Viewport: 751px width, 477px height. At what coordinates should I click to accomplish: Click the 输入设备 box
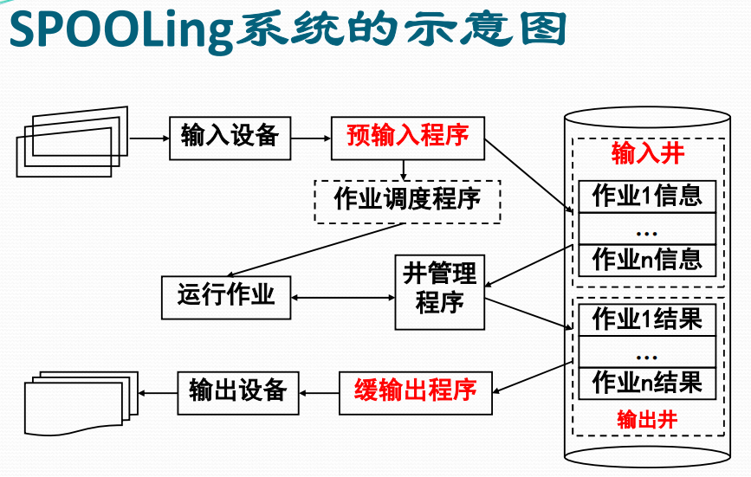tap(230, 136)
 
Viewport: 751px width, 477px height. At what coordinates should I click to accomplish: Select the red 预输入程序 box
tap(407, 136)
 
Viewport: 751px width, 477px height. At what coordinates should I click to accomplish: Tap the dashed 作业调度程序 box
tap(407, 200)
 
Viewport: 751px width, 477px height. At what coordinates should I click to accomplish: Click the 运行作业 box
tap(226, 297)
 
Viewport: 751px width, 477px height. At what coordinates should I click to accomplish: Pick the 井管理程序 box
tap(439, 291)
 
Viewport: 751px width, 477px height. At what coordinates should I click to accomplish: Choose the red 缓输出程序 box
tap(415, 391)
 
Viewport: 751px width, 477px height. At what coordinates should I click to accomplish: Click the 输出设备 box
tap(237, 391)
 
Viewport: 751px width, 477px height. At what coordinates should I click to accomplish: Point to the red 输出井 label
tap(647, 420)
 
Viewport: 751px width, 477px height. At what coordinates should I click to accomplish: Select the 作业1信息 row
tap(647, 197)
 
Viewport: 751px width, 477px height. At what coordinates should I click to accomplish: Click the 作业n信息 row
tap(647, 259)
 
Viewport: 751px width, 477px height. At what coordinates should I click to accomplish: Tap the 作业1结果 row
tap(647, 319)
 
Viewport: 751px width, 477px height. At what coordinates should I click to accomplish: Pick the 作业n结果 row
tap(647, 382)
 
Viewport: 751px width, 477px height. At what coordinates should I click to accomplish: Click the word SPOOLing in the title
tap(121, 30)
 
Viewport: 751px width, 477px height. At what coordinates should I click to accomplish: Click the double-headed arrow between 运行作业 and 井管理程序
tap(343, 298)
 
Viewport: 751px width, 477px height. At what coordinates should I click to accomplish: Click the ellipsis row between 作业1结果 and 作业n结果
tap(647, 351)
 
